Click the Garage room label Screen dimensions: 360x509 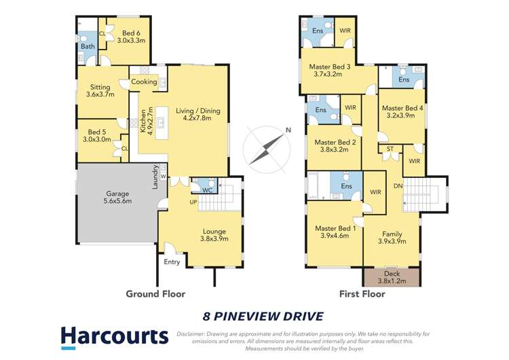pyautogui.click(x=117, y=197)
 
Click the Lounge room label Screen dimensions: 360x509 pyautogui.click(x=214, y=235)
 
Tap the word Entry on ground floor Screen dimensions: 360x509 pyautogui.click(x=172, y=262)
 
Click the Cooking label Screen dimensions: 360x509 pyautogui.click(x=144, y=82)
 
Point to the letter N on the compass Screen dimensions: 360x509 pyautogui.click(x=288, y=130)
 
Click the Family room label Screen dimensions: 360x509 pyautogui.click(x=392, y=237)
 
